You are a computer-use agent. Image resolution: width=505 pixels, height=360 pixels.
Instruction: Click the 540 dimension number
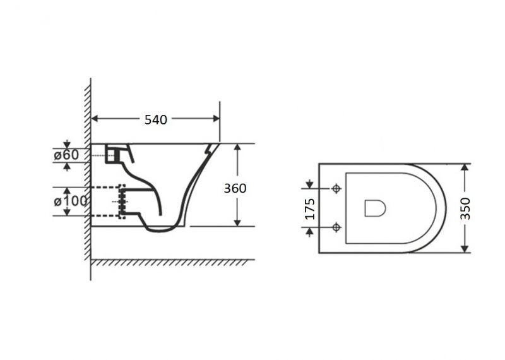click(x=156, y=119)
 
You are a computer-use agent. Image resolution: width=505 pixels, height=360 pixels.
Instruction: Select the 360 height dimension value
click(x=235, y=188)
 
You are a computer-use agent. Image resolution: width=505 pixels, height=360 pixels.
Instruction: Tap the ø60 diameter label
click(x=66, y=155)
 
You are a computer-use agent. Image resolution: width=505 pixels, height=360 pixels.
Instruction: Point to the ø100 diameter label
click(x=71, y=201)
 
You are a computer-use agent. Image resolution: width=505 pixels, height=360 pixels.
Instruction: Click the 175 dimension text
click(x=310, y=209)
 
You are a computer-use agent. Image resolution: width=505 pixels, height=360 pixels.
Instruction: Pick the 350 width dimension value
click(x=465, y=209)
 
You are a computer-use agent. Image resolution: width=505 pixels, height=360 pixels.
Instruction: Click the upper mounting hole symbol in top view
click(x=336, y=189)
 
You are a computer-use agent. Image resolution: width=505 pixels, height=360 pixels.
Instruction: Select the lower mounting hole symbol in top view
click(x=336, y=227)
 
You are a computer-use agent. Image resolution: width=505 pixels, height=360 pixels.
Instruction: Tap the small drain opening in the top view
click(x=375, y=208)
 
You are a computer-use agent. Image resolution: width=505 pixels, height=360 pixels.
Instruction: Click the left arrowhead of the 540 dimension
click(x=94, y=119)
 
